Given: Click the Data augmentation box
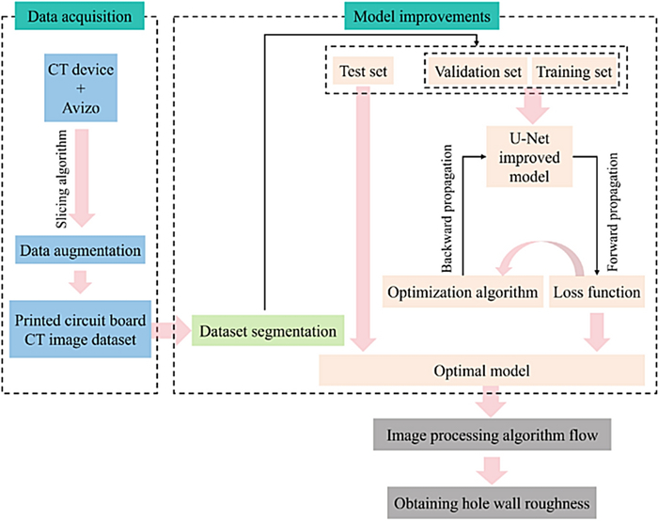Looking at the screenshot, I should click(x=84, y=251).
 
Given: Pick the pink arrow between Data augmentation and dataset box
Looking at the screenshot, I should click(x=84, y=280).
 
